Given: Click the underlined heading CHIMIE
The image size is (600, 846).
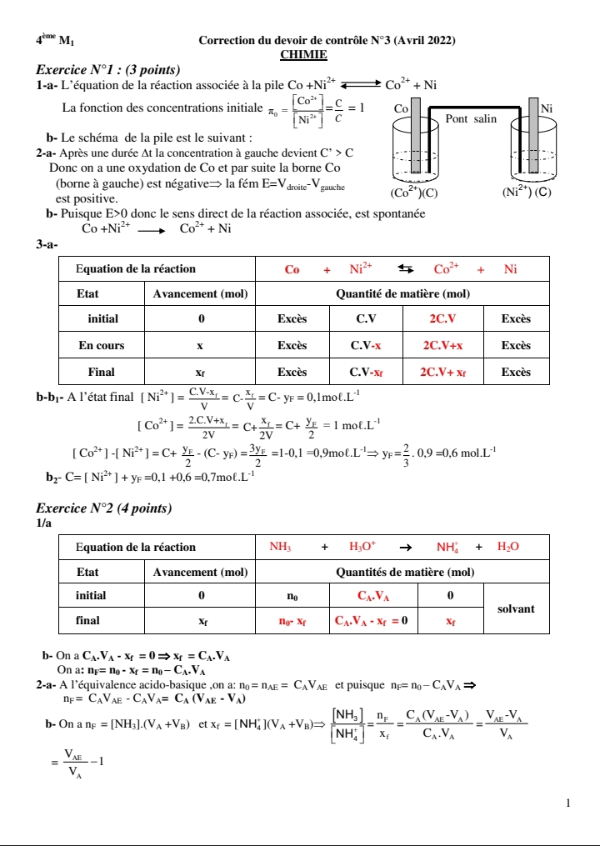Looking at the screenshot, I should click(303, 54).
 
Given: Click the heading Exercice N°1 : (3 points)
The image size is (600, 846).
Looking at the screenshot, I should click(109, 69).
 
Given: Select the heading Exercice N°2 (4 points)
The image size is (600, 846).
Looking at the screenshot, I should click(104, 508).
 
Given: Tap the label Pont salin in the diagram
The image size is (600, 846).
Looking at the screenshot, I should click(471, 119).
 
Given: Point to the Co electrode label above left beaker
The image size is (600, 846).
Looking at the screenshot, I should click(400, 108).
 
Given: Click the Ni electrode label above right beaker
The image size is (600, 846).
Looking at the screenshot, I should click(547, 108).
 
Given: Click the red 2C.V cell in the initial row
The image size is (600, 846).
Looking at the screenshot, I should click(442, 318).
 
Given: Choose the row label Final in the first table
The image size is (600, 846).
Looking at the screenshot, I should click(101, 372).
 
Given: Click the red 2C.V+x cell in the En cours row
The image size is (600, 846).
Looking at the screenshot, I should click(442, 345).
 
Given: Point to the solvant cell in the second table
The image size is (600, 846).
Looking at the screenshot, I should click(515, 609).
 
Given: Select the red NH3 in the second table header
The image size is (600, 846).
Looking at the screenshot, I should click(280, 547).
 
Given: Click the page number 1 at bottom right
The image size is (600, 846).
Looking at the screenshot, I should click(567, 803).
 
